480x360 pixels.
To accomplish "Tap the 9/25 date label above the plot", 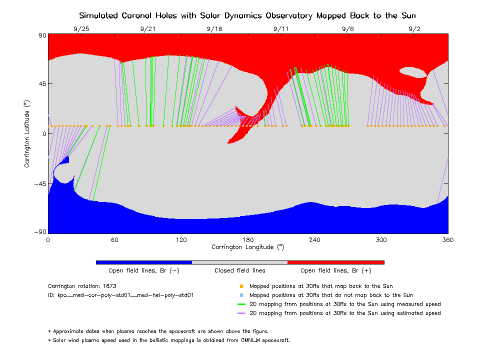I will (81, 29).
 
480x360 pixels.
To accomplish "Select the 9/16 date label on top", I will (214, 29).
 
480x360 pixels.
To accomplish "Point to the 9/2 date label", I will (414, 29).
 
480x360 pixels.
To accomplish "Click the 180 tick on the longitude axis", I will (248, 240).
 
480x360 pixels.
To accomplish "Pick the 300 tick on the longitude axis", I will (381, 240).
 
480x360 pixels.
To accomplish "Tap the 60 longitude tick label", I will (114, 240).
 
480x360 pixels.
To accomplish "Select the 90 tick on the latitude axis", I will (41, 35).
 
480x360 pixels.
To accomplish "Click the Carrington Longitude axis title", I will (248, 247).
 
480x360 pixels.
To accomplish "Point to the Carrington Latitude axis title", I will (27, 133).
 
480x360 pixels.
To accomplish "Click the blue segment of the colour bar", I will (144, 262).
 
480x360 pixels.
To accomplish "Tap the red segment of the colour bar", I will (336, 262).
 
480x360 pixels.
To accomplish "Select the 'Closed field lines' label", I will (240, 270).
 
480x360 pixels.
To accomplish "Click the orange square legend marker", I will (241, 286).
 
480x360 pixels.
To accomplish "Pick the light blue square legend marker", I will (241, 295).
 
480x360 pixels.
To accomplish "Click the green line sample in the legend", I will (241, 304).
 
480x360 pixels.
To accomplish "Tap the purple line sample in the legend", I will (241, 313).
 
